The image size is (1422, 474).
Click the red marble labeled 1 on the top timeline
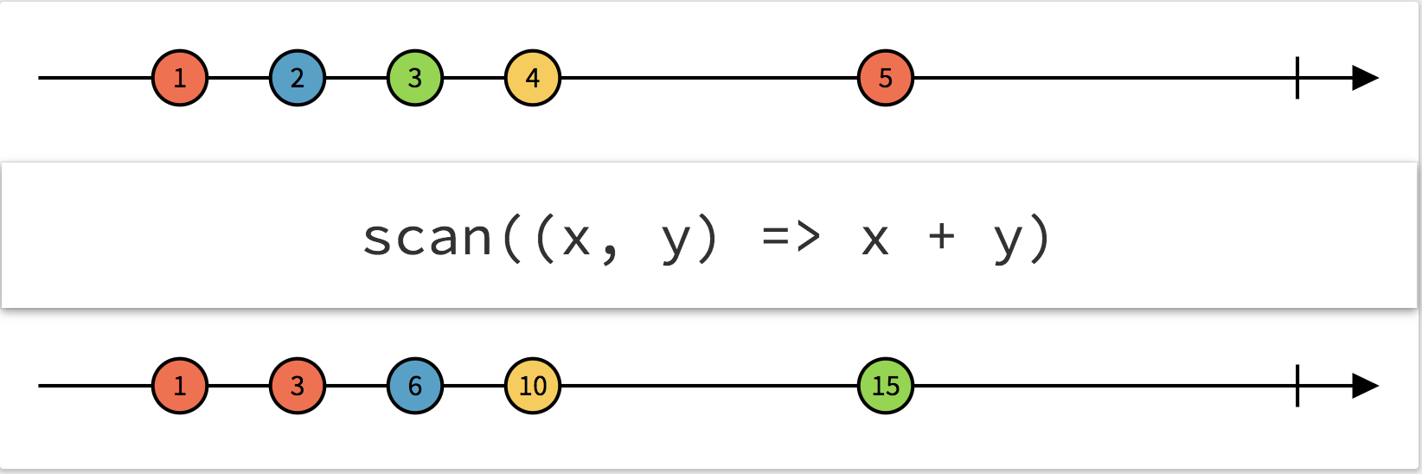point(180,78)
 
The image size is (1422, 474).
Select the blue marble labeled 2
point(298,78)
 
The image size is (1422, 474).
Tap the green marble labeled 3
point(415,78)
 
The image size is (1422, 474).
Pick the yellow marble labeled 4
point(533,78)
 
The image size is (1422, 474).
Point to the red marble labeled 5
point(886,78)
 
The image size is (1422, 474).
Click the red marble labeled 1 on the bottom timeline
point(180,386)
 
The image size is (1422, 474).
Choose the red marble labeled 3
point(298,386)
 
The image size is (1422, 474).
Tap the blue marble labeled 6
point(415,386)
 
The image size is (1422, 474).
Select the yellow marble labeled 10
point(533,386)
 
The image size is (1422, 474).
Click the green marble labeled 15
point(886,386)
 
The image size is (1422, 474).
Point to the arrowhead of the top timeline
point(1365,78)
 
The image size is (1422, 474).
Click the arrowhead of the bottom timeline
point(1365,386)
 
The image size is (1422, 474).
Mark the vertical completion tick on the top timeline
point(1297,78)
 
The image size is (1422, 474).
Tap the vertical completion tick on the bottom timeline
point(1297,386)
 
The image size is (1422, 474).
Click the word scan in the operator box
point(427,238)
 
